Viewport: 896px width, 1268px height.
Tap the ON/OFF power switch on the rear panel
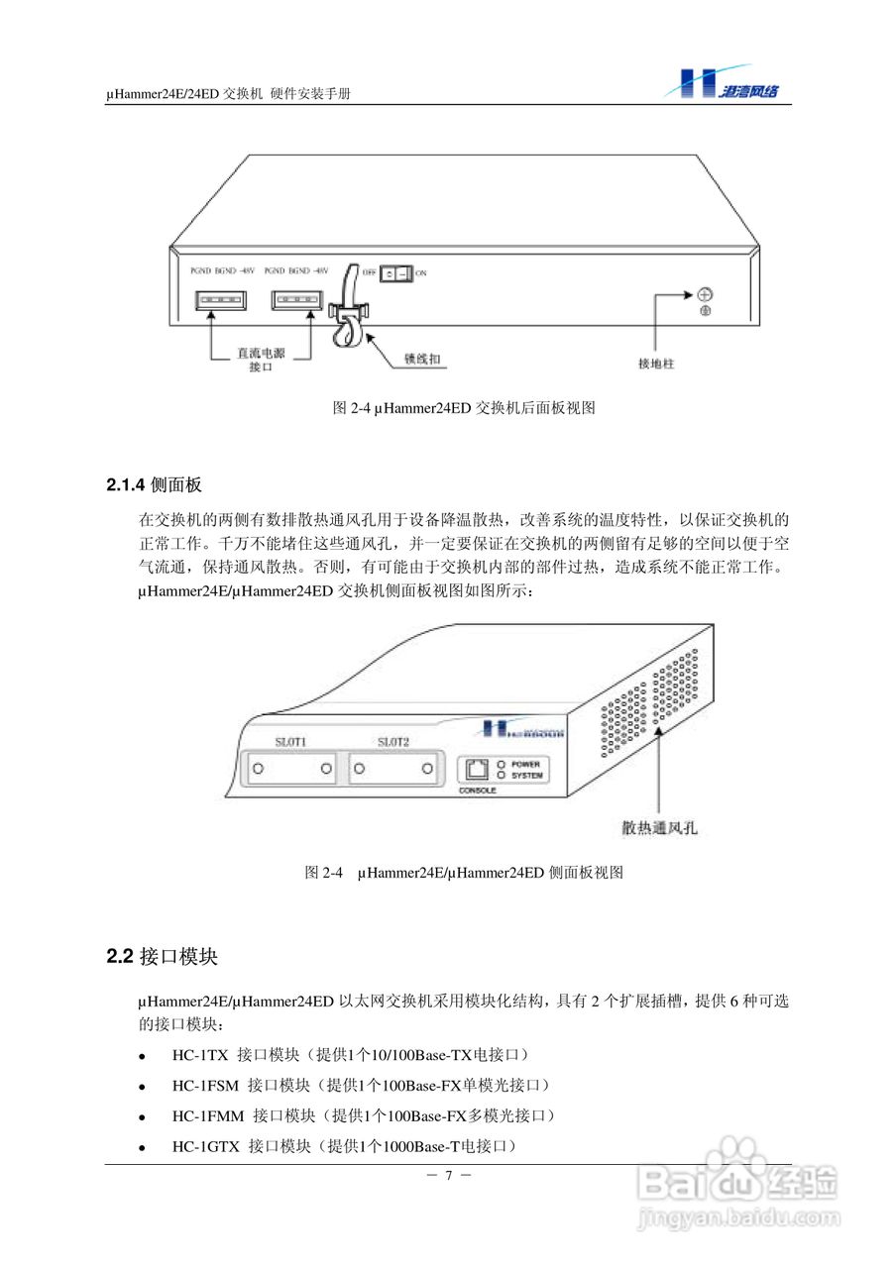(x=396, y=271)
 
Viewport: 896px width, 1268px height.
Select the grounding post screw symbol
(x=705, y=294)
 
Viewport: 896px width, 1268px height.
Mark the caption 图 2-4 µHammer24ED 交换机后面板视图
(x=463, y=407)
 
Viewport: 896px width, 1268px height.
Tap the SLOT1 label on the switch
(x=291, y=742)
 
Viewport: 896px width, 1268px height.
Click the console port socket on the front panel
(x=477, y=769)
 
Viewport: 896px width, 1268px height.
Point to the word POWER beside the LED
(x=525, y=764)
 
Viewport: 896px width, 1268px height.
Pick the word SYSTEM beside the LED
(x=526, y=776)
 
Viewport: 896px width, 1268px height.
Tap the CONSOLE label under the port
(x=478, y=792)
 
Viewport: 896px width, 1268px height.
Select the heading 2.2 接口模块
(x=162, y=957)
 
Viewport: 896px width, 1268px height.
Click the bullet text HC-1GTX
(x=206, y=1146)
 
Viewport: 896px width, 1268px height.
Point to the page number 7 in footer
(x=448, y=1176)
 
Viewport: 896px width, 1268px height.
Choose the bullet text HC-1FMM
(x=208, y=1115)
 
